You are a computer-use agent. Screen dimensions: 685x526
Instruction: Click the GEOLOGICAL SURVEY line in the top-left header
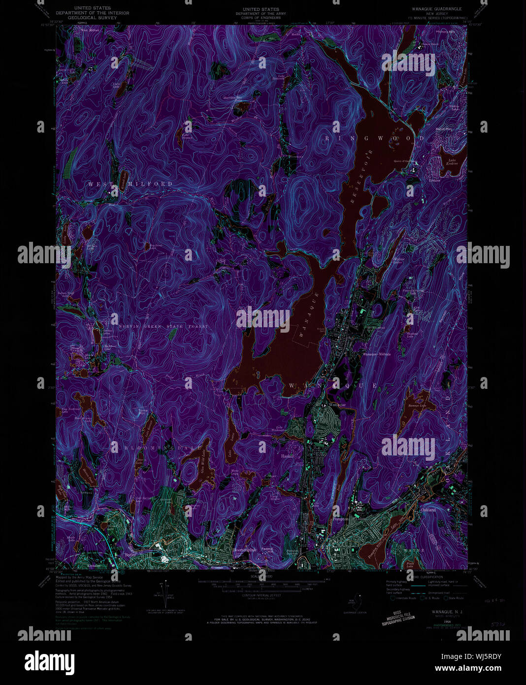click(93, 17)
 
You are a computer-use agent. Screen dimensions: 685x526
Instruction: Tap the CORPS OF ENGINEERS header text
click(261, 17)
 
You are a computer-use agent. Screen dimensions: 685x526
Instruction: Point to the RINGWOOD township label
click(374, 138)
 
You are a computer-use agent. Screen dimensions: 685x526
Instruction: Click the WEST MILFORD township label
click(131, 184)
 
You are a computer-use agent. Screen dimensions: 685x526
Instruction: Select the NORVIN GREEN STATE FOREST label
click(163, 326)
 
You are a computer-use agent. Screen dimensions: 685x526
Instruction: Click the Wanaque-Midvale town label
click(377, 354)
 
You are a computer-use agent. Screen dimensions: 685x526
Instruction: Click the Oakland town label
click(428, 510)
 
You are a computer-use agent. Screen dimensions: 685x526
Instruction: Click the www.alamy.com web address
click(473, 669)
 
